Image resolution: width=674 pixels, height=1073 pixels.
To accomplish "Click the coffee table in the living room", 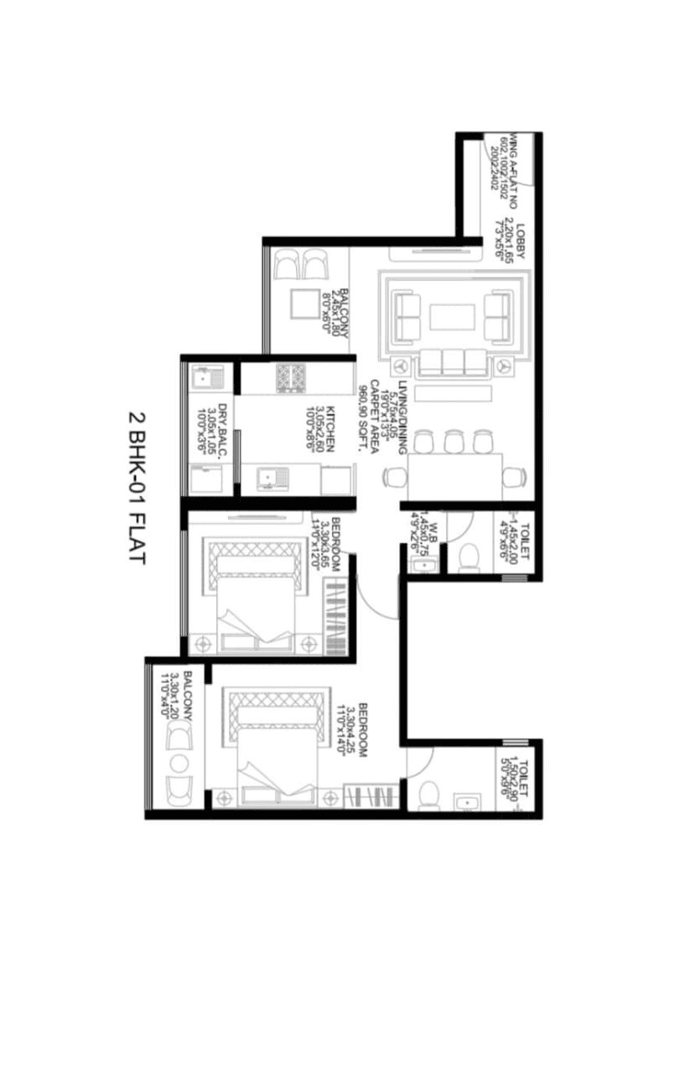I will [453, 317].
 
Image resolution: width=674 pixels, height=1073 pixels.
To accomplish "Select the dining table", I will [454, 476].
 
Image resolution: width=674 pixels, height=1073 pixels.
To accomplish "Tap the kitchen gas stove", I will [290, 377].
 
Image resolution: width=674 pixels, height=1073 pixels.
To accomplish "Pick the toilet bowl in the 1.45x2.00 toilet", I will [469, 554].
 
